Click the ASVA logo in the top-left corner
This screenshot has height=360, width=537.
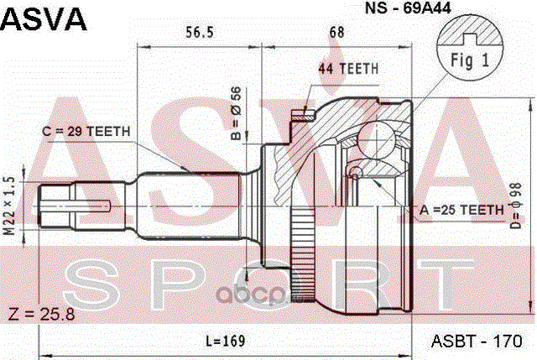[44, 20]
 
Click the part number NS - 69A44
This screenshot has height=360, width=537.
[408, 8]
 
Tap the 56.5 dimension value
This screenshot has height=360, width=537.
[200, 32]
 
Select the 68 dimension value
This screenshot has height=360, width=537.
[336, 32]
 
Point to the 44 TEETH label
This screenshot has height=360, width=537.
[348, 69]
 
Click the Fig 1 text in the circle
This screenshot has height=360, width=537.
[470, 60]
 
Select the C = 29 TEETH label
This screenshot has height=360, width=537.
[86, 131]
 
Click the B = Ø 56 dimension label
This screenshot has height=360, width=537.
[237, 113]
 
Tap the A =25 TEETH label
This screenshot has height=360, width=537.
[461, 210]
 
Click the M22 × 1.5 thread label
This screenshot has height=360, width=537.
[11, 206]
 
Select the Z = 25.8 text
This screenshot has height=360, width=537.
[41, 315]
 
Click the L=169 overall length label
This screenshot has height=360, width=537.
[226, 341]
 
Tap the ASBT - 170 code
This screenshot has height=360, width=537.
[477, 341]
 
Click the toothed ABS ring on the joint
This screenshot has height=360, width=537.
[302, 254]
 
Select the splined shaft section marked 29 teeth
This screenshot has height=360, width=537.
[190, 206]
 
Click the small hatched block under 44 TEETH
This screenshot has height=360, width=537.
[303, 115]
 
